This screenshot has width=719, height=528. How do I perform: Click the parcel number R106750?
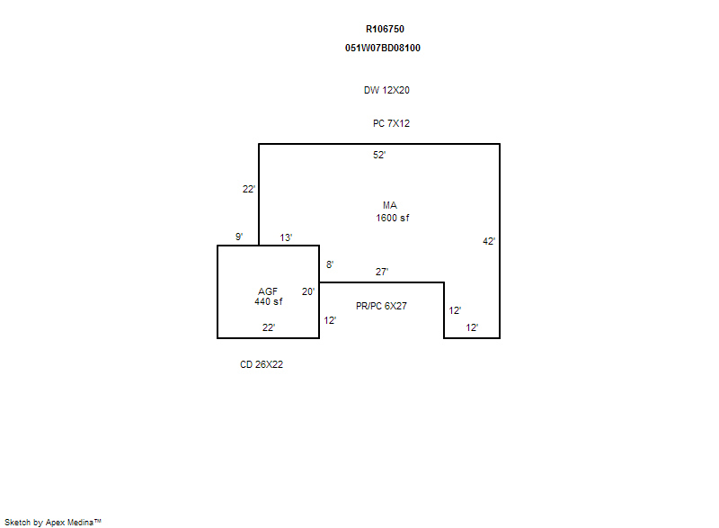[x=385, y=29]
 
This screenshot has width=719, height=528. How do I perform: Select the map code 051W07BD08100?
[x=383, y=48]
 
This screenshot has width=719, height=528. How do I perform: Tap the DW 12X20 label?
[x=386, y=90]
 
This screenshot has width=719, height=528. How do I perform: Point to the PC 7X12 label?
[x=391, y=123]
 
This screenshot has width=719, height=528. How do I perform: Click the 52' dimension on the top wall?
[x=379, y=155]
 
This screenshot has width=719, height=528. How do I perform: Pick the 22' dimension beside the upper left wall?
[x=249, y=189]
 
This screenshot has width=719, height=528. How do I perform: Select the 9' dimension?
[x=239, y=237]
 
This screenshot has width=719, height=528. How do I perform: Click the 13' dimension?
[x=286, y=237]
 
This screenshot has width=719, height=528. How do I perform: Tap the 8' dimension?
[x=330, y=264]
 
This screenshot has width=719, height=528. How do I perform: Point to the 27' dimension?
[x=381, y=272]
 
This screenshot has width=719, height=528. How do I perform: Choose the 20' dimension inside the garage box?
[x=308, y=291]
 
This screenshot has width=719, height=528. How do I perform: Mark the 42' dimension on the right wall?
[x=489, y=241]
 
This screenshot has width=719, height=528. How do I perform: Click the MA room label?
[x=390, y=205]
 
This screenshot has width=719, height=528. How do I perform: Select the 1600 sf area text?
[x=393, y=218]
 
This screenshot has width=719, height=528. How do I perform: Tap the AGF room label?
[x=268, y=291]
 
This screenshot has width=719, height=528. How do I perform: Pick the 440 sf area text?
[x=269, y=301]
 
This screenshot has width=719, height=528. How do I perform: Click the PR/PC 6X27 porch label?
[x=381, y=306]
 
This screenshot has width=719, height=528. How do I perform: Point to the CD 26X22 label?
[x=262, y=364]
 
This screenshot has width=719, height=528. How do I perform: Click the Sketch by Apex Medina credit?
[x=53, y=522]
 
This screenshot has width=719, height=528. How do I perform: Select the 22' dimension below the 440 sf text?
[x=268, y=327]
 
